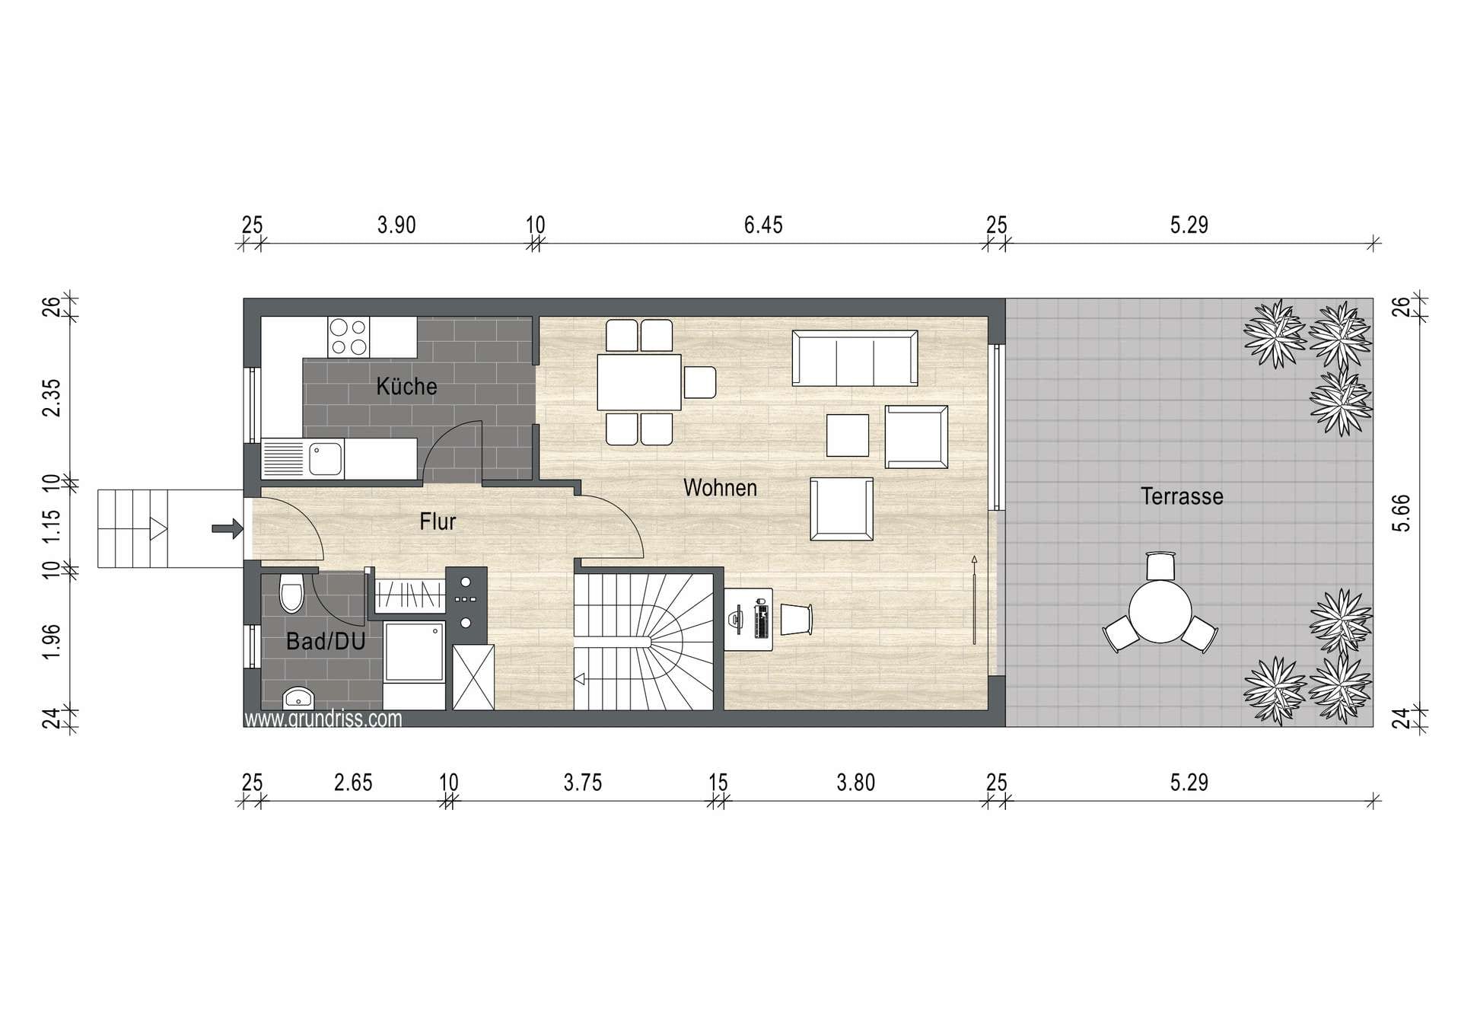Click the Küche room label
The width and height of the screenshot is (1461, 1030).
[x=406, y=386]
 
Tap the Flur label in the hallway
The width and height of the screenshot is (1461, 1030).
[x=438, y=521]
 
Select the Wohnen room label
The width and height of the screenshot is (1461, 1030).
[x=720, y=487]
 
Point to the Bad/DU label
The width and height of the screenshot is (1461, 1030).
[x=326, y=641]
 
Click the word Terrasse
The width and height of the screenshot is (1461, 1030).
[x=1182, y=496]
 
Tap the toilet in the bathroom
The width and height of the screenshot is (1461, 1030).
[x=291, y=592]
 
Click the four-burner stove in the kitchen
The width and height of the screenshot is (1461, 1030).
[x=349, y=337]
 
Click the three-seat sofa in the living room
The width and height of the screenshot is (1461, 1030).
[x=855, y=358]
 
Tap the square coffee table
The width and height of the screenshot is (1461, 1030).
[x=848, y=435]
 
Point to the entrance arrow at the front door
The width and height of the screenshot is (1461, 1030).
[x=227, y=528]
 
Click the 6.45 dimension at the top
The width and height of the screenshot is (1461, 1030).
[x=763, y=225]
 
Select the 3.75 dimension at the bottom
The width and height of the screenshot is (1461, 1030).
[x=583, y=783]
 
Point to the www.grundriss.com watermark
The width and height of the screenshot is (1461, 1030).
[x=323, y=719]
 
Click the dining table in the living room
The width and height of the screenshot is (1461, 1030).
[x=639, y=382]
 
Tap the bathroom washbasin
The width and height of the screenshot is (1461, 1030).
[x=298, y=698]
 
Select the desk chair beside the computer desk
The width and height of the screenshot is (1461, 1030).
[x=796, y=619]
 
